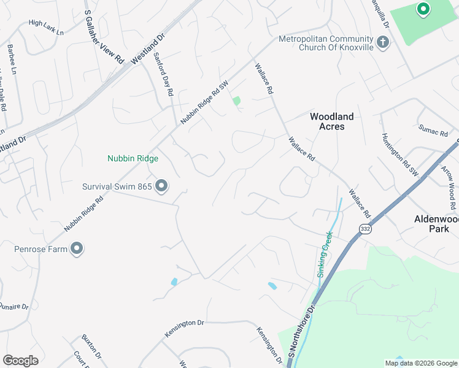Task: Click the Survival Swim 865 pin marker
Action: (x=161, y=185)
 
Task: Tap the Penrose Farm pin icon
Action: (x=77, y=248)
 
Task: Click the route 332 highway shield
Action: (x=366, y=229)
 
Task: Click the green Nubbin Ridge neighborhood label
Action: (x=133, y=158)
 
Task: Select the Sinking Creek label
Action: (x=324, y=253)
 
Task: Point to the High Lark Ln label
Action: (x=45, y=28)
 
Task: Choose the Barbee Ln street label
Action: (x=11, y=58)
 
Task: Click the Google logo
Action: (x=20, y=361)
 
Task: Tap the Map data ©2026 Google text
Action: (x=420, y=363)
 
